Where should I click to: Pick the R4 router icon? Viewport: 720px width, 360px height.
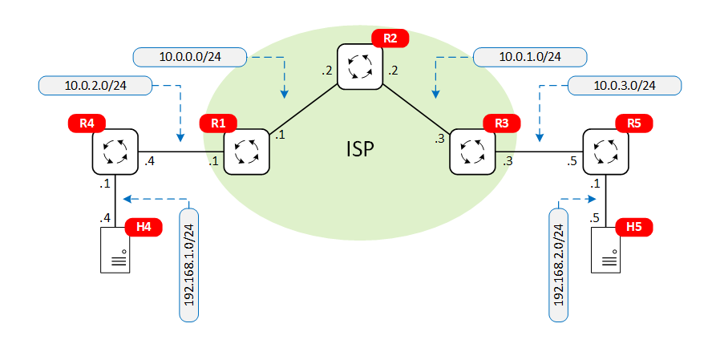pos(115,151)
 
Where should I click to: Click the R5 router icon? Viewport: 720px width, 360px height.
pos(605,151)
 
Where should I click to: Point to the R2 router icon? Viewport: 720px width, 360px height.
pos(359,66)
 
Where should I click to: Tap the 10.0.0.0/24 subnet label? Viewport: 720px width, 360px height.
pos(190,57)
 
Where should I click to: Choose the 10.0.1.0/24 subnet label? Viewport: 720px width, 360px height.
pos(530,57)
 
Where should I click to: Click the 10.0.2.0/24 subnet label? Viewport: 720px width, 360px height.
pos(95,84)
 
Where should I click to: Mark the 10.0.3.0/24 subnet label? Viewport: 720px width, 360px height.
pos(624,85)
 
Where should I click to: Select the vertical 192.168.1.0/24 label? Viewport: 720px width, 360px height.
pos(190,264)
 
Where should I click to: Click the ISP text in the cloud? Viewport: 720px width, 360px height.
pos(360,149)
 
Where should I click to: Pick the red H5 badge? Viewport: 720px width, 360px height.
pos(634,227)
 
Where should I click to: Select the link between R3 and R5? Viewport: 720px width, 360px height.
pos(538,152)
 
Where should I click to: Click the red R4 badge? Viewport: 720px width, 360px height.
pos(87,124)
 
